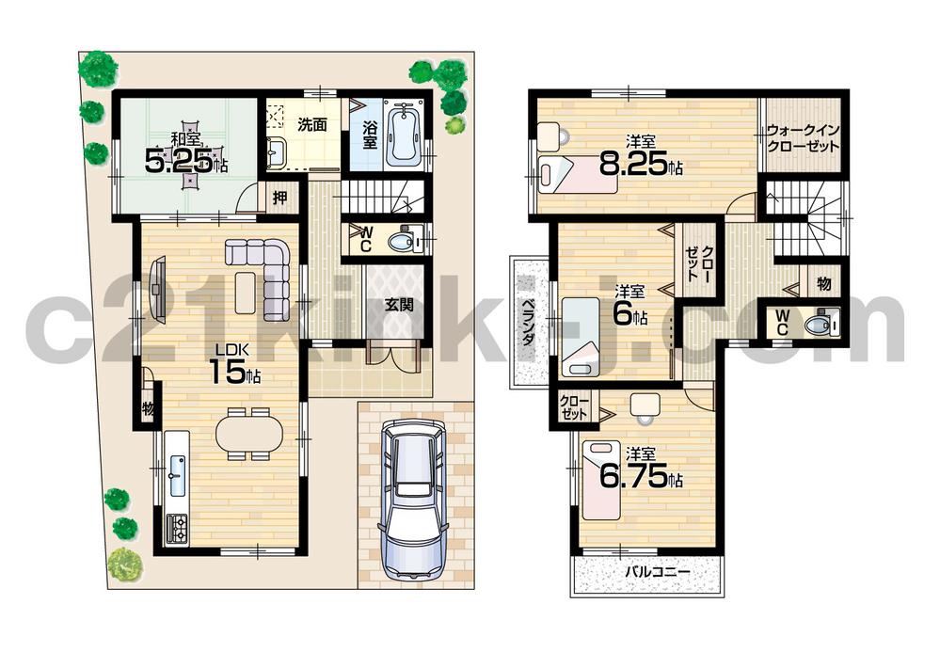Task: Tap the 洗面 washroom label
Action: [312, 123]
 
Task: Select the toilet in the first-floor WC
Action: [404, 242]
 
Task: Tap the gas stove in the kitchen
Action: [177, 527]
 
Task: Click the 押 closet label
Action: [280, 198]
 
